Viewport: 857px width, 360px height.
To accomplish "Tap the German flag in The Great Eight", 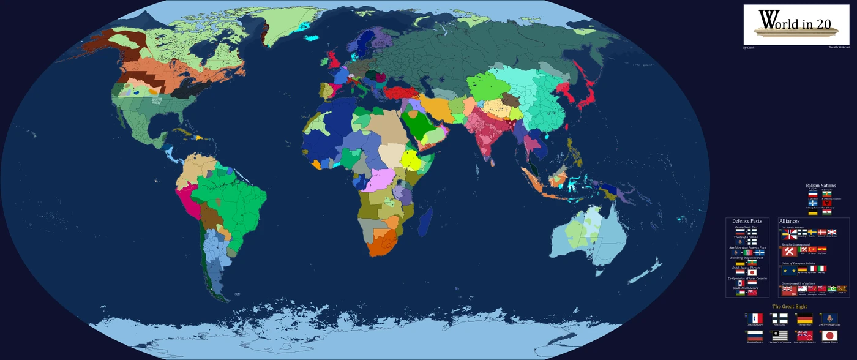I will (804, 318).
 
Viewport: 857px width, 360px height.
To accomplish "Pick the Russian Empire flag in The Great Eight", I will (754, 336).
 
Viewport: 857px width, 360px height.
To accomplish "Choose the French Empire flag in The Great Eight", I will (754, 318).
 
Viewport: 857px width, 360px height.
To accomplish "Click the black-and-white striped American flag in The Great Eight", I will (779, 336).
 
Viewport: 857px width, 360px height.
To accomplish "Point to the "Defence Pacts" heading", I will (747, 221).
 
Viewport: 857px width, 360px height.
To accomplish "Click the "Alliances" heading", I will (789, 221).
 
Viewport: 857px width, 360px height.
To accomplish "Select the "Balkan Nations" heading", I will (821, 185).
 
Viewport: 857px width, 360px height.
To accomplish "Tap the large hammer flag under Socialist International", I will (789, 251).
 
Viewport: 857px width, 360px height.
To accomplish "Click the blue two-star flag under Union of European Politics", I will (789, 270).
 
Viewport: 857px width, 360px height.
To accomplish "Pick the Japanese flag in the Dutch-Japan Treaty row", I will (752, 272).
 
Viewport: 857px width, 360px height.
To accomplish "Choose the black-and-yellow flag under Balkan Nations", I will (813, 212).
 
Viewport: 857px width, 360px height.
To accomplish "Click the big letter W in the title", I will (766, 21).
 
